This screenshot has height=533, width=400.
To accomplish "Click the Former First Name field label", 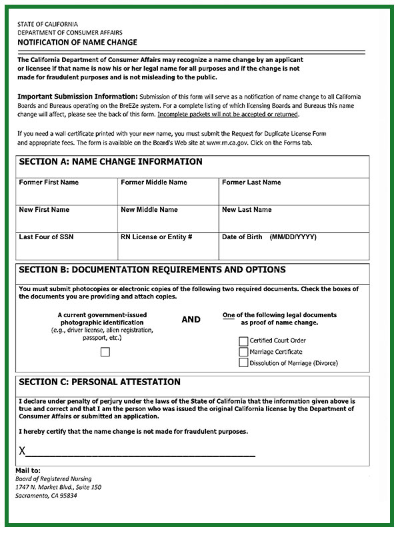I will click(49, 183).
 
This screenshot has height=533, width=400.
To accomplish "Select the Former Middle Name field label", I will click(154, 183).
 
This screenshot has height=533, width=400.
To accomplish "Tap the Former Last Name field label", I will click(251, 183).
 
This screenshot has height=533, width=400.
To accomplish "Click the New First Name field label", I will click(44, 210).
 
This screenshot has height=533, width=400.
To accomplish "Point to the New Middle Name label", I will click(149, 210).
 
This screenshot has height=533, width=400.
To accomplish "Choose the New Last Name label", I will click(247, 210).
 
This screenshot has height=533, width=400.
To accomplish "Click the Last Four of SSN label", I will click(46, 237).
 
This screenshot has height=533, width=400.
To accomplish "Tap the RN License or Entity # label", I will click(157, 237).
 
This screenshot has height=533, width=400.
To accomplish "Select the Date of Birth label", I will click(243, 237).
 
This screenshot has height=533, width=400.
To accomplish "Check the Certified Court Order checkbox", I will click(243, 341).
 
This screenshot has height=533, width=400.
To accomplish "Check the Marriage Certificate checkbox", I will click(243, 352).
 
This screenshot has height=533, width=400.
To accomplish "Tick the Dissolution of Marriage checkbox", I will click(243, 362).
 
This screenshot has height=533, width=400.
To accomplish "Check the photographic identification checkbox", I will click(105, 352).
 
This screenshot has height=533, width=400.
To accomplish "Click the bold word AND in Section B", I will click(191, 320).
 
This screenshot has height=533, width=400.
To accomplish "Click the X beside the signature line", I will click(22, 452).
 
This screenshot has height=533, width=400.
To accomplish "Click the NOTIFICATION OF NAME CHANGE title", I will click(77, 42).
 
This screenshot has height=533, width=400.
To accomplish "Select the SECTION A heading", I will click(111, 162).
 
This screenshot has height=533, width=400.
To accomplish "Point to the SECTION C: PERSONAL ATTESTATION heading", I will click(100, 382).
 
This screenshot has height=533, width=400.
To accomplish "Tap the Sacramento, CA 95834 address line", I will click(46, 496).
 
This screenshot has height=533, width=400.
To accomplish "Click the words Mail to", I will click(28, 470).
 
